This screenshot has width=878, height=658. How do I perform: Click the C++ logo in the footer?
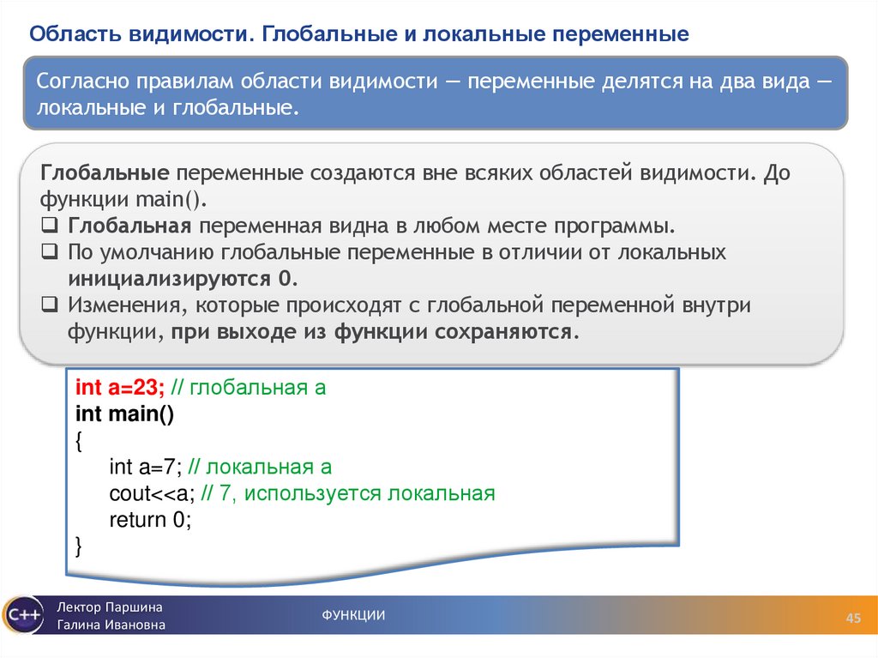[21, 614]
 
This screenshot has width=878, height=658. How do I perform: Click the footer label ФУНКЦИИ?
[353, 614]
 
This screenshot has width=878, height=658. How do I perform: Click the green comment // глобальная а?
[248, 388]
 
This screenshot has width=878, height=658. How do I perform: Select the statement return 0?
[149, 520]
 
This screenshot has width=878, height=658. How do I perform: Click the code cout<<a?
[152, 494]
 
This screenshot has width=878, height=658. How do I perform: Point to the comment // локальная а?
[259, 468]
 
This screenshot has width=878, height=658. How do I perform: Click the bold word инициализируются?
[171, 280]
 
